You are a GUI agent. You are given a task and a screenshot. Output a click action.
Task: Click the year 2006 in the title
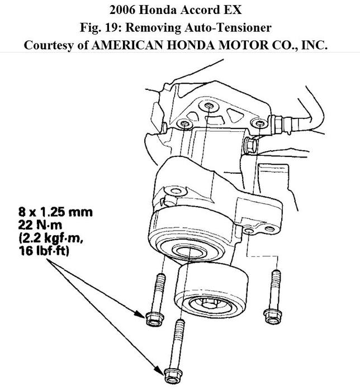(x=122, y=10)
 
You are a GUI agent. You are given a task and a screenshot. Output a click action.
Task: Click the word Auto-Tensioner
(x=228, y=27)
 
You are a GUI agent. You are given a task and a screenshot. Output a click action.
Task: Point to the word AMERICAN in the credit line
(x=127, y=45)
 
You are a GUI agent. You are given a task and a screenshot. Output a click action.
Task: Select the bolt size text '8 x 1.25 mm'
(x=55, y=212)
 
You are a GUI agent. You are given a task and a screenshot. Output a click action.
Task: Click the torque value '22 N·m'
(x=40, y=225)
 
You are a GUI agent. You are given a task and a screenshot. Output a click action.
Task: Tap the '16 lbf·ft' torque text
(x=44, y=251)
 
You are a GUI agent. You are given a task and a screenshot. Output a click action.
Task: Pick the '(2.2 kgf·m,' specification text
(x=51, y=239)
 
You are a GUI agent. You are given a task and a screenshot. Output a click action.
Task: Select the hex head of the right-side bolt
(x=272, y=316)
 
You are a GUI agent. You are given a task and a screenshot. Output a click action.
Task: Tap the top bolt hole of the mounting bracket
(x=209, y=106)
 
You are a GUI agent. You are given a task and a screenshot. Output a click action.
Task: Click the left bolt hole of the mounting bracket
(x=184, y=123)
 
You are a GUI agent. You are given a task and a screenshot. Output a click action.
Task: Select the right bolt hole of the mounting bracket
(x=259, y=123)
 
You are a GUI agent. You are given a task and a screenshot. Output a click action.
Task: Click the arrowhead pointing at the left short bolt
(x=140, y=314)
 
